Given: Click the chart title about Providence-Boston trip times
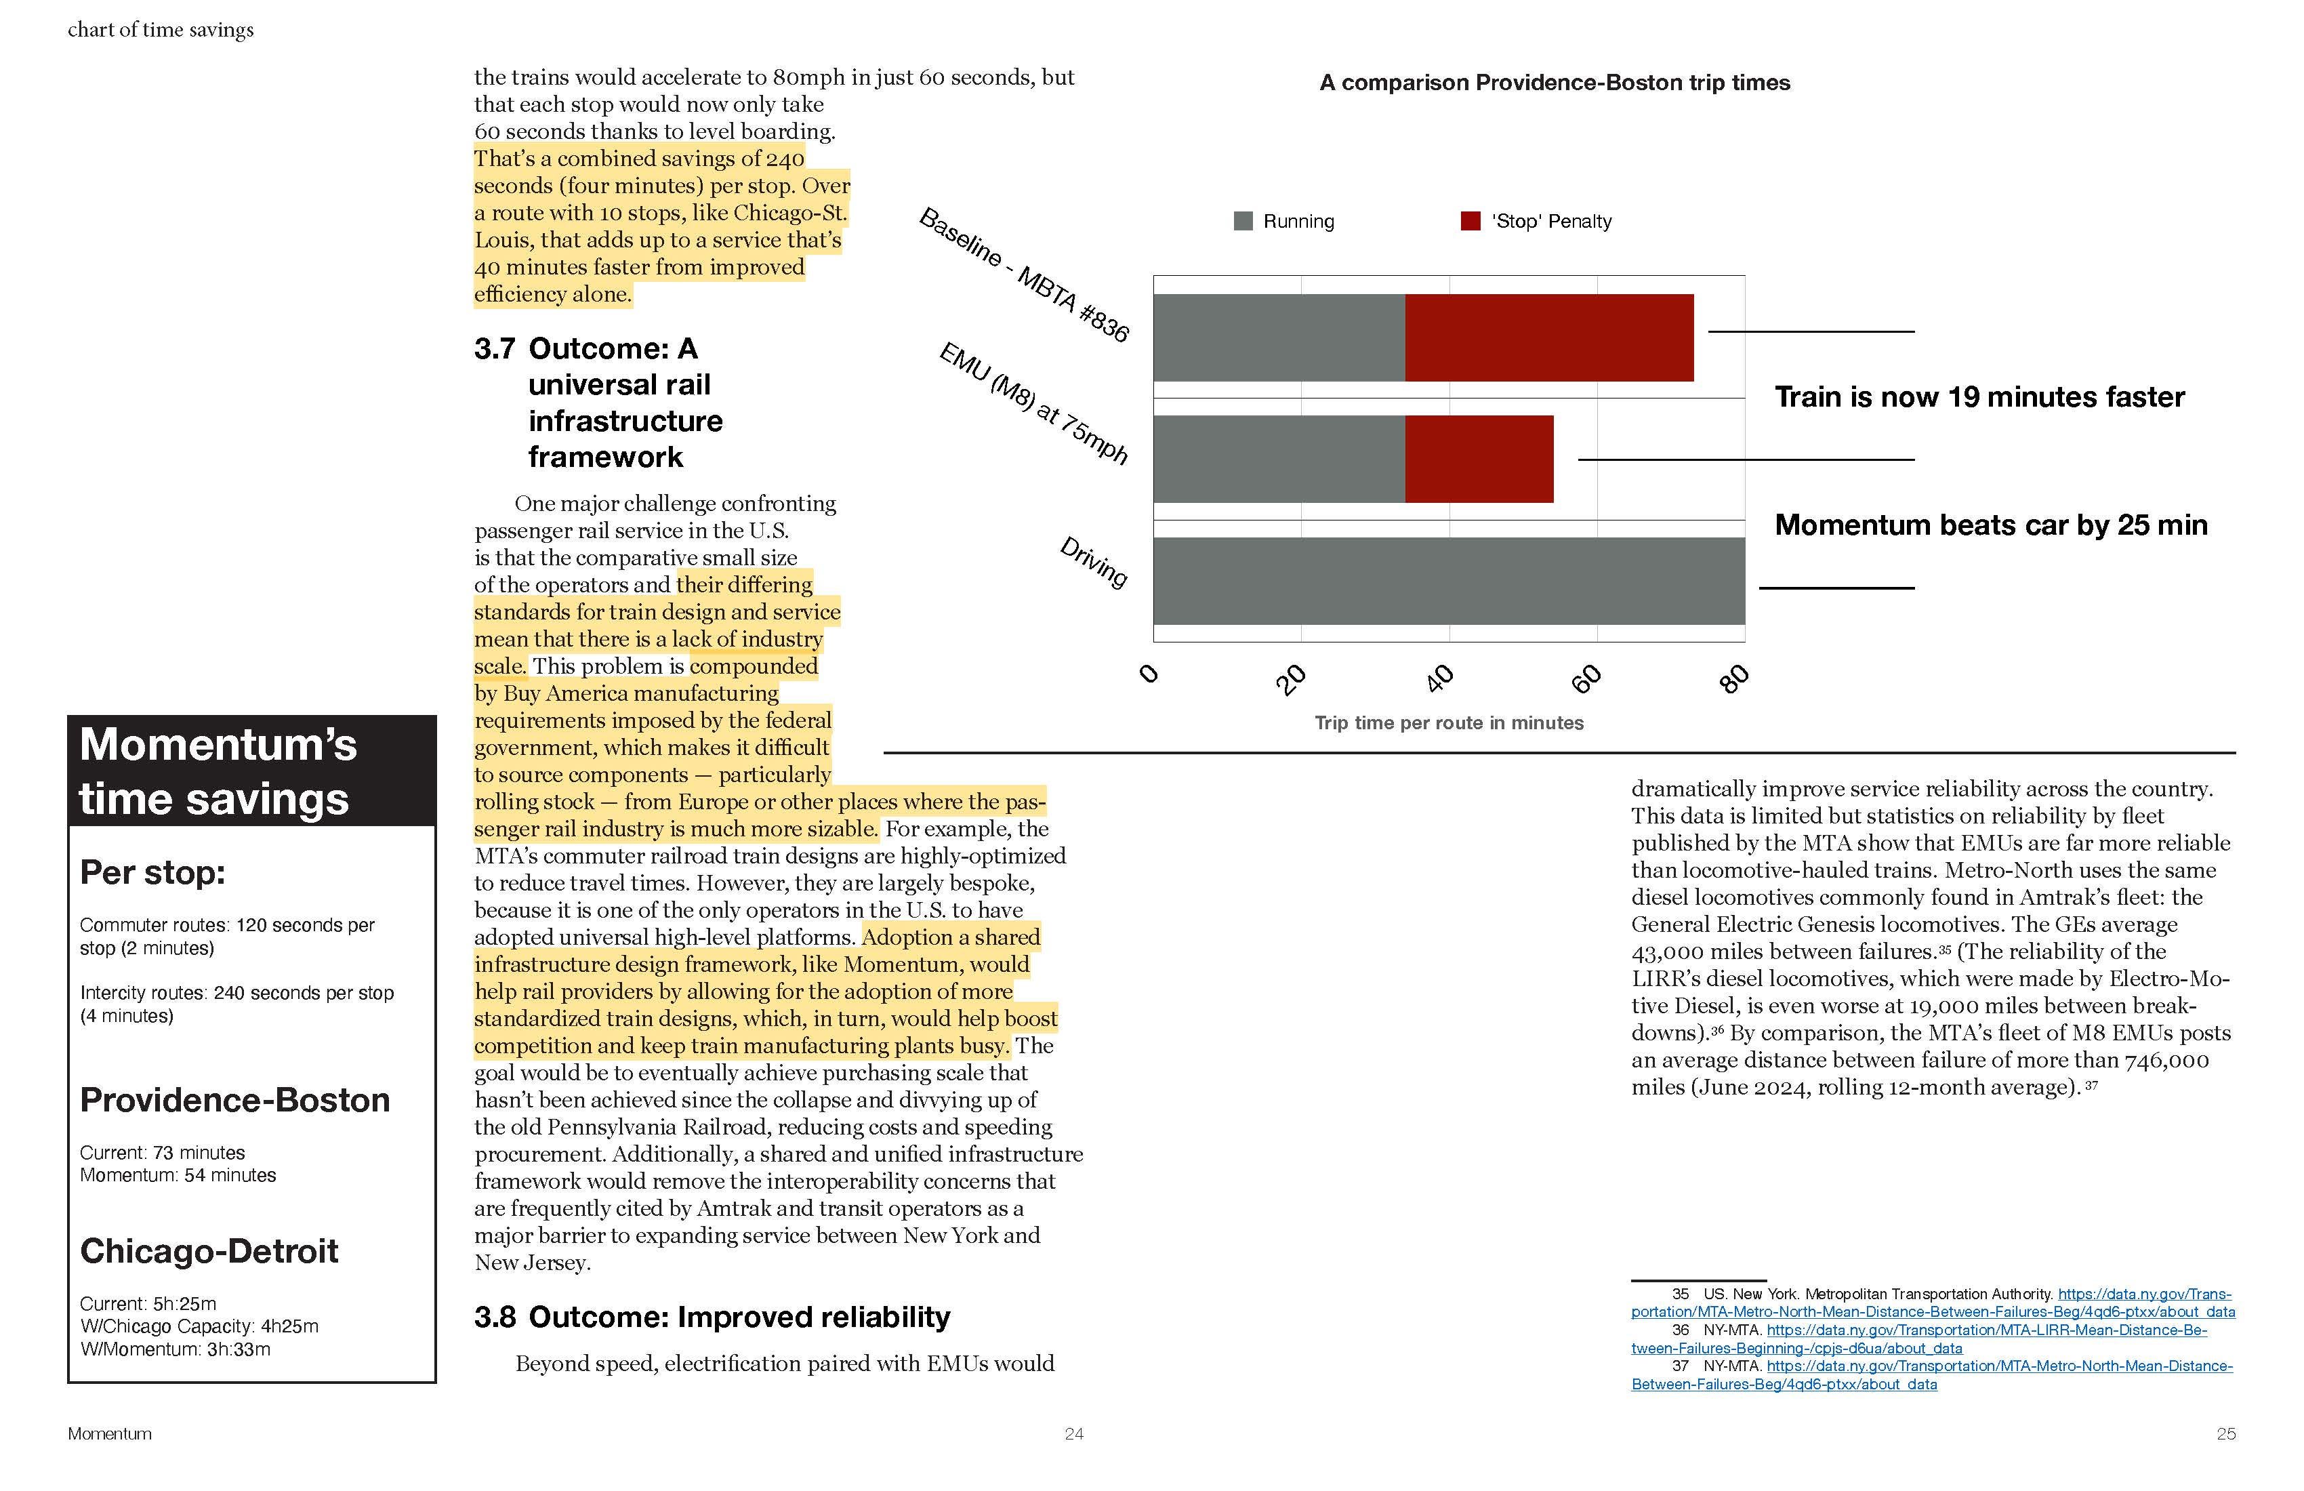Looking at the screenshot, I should point(1554,83).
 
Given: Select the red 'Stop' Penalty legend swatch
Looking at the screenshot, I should point(1470,222).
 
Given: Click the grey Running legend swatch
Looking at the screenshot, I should point(1243,222).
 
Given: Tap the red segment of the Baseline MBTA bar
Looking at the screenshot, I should point(1549,338).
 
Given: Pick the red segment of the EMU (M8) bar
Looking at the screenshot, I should point(1478,459).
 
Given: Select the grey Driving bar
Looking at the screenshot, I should point(1448,581).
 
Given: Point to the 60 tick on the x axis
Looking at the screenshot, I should point(1586,680).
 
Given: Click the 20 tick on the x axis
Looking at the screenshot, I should point(1290,680).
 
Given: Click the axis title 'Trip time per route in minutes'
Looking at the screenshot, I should point(1448,723).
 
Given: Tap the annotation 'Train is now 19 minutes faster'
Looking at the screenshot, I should point(1979,397).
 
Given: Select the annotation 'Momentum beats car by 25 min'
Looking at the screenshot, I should point(1990,525).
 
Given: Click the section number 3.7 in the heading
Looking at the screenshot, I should point(494,348).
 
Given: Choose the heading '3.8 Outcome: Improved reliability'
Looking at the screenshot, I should point(712,1317).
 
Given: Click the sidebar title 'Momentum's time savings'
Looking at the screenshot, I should point(218,772).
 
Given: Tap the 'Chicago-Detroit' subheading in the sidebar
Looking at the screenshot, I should point(209,1251).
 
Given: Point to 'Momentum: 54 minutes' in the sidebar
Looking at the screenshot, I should point(178,1175).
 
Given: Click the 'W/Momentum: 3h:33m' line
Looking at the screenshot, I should point(176,1349).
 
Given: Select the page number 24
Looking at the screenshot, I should point(1073,1434).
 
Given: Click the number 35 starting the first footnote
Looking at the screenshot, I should point(1680,1294).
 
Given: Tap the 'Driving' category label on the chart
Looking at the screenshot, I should point(1094,562).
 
